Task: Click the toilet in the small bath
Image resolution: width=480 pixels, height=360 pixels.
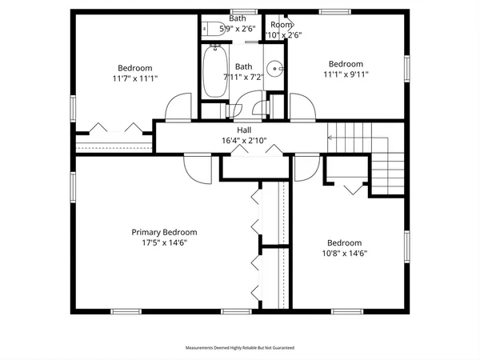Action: (212, 29)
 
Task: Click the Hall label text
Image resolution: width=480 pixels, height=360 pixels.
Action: (244, 130)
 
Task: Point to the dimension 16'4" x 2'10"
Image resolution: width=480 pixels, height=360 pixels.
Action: (244, 141)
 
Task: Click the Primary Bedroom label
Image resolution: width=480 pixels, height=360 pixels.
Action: (164, 232)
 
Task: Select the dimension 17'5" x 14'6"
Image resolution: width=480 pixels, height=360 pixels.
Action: (164, 243)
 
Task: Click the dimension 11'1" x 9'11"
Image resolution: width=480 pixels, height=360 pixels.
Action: (346, 74)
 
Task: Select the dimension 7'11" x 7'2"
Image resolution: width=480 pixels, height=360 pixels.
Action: (244, 77)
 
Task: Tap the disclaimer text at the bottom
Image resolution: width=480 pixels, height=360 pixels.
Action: (240, 348)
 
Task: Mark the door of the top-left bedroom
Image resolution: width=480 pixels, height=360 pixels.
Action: (180, 108)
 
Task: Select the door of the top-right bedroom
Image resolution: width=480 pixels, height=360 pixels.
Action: (301, 108)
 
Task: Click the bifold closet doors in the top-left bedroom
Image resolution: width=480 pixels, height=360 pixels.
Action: (114, 127)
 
